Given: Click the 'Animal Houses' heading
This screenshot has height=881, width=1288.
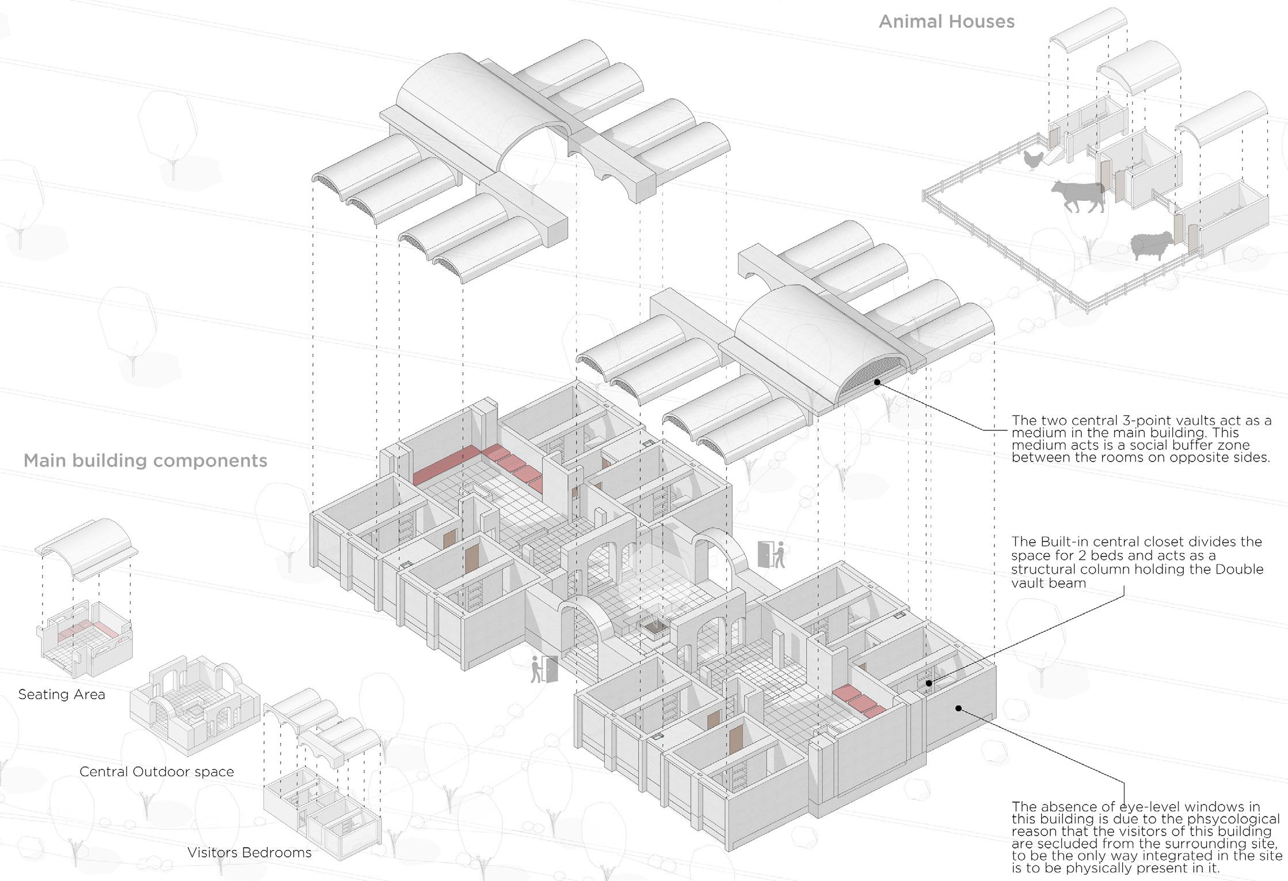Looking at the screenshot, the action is point(946,22).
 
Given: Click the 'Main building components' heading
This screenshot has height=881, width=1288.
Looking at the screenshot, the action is point(145,461).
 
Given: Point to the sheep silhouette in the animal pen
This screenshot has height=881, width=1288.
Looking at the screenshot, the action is point(1151,245).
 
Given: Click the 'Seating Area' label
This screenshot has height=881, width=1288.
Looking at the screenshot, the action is point(62,695).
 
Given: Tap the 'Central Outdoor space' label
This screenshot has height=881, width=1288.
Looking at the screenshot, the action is point(157,772).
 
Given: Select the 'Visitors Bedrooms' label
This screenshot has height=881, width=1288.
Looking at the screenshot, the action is point(249,852).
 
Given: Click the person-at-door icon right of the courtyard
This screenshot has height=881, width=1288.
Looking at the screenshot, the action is point(772,555).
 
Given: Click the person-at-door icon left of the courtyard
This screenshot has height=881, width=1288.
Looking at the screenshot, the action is point(544,669).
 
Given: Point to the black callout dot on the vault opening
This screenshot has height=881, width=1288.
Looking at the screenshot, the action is point(877,382).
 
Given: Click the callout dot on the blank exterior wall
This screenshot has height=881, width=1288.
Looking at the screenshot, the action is point(958,708).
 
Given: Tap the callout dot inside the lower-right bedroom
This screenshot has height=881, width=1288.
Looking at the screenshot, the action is point(928,683).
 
